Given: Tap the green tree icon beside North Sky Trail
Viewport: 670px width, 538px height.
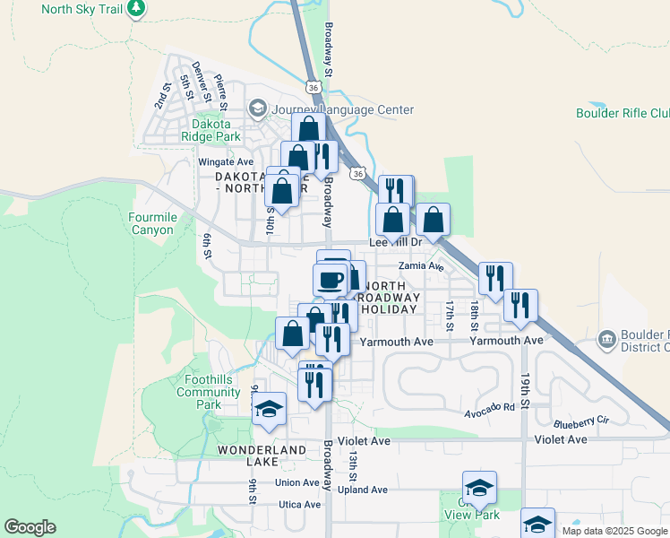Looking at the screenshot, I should pos(136,9).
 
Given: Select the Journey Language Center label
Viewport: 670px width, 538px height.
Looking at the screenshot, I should pos(342,109).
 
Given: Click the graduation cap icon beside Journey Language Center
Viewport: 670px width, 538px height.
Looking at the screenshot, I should pos(258,109).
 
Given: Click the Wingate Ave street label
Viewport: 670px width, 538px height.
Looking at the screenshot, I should pos(226,162).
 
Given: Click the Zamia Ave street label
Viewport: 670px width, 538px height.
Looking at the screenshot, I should pos(423,266).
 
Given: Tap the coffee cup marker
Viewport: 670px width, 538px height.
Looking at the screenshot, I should pos(329,278).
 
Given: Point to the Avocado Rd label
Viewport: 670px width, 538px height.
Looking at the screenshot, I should pos(489,406).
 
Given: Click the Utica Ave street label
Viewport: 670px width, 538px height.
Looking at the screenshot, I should pos(298,505).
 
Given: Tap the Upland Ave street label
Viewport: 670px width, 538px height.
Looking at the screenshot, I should pos(367,490).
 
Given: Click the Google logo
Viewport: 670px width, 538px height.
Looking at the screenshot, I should pos(30,527).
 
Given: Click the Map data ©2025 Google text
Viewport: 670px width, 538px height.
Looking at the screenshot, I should pos(614,531).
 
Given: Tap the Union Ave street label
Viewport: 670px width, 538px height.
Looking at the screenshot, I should pos(297,482).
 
